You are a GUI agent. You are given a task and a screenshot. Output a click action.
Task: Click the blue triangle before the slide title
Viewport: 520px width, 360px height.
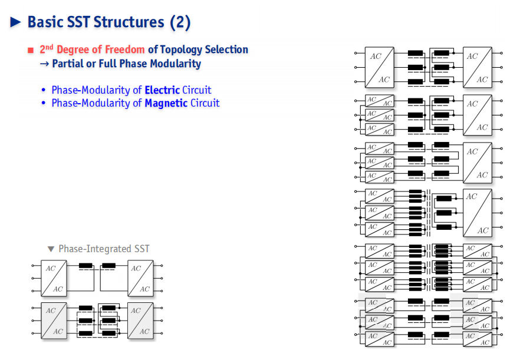(x=15, y=22)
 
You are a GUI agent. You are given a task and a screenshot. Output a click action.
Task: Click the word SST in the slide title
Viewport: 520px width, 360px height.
(x=78, y=22)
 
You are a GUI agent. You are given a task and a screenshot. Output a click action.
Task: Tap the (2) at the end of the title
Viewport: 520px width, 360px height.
(x=180, y=22)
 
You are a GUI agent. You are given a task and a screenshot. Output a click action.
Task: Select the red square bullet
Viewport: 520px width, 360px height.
(x=31, y=51)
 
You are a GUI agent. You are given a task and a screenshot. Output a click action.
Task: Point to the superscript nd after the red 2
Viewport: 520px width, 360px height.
(x=49, y=47)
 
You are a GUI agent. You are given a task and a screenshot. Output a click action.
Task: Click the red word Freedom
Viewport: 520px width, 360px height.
(x=125, y=49)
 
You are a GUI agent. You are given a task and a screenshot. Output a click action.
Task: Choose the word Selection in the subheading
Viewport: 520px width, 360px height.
(x=226, y=49)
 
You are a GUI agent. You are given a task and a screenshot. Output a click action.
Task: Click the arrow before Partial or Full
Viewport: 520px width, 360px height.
(x=44, y=64)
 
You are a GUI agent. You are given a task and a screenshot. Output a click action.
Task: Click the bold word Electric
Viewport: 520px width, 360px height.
(x=162, y=90)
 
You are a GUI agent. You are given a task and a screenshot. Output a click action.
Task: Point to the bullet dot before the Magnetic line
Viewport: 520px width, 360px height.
(x=44, y=103)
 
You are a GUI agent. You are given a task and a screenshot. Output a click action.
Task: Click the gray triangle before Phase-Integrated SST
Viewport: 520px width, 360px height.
(x=51, y=249)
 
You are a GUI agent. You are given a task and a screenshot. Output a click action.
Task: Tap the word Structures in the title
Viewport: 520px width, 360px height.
(x=129, y=22)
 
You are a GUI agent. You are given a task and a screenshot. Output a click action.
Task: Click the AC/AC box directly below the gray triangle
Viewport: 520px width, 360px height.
(x=54, y=279)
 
